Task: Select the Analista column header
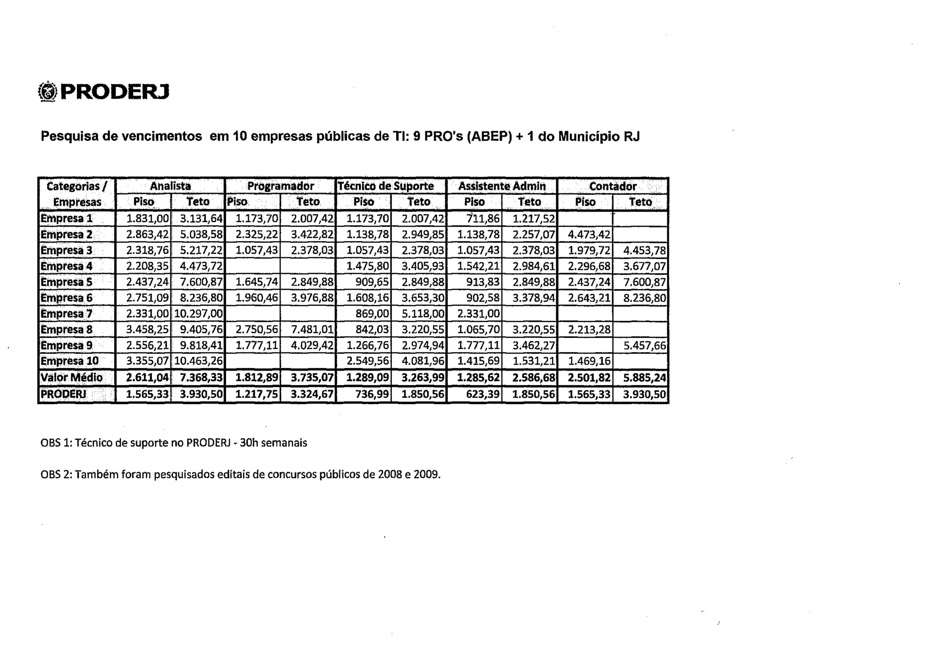170,186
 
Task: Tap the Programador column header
280,186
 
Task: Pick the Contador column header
613,186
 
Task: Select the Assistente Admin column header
502,186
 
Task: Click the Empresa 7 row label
67,314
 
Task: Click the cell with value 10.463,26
198,362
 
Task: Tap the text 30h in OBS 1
249,443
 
